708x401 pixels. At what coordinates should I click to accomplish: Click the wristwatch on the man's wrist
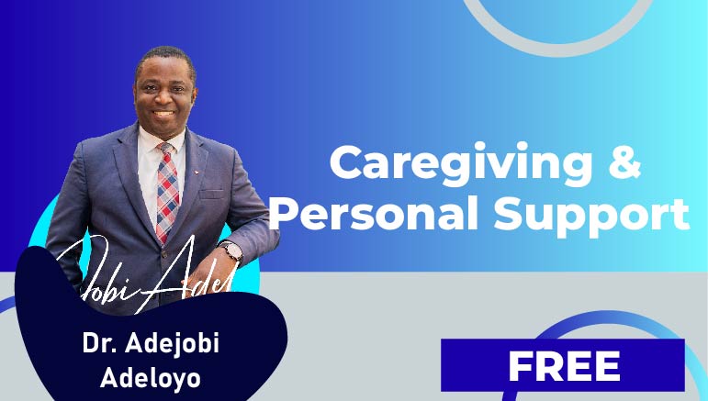point(230,250)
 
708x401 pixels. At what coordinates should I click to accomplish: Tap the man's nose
point(162,95)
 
